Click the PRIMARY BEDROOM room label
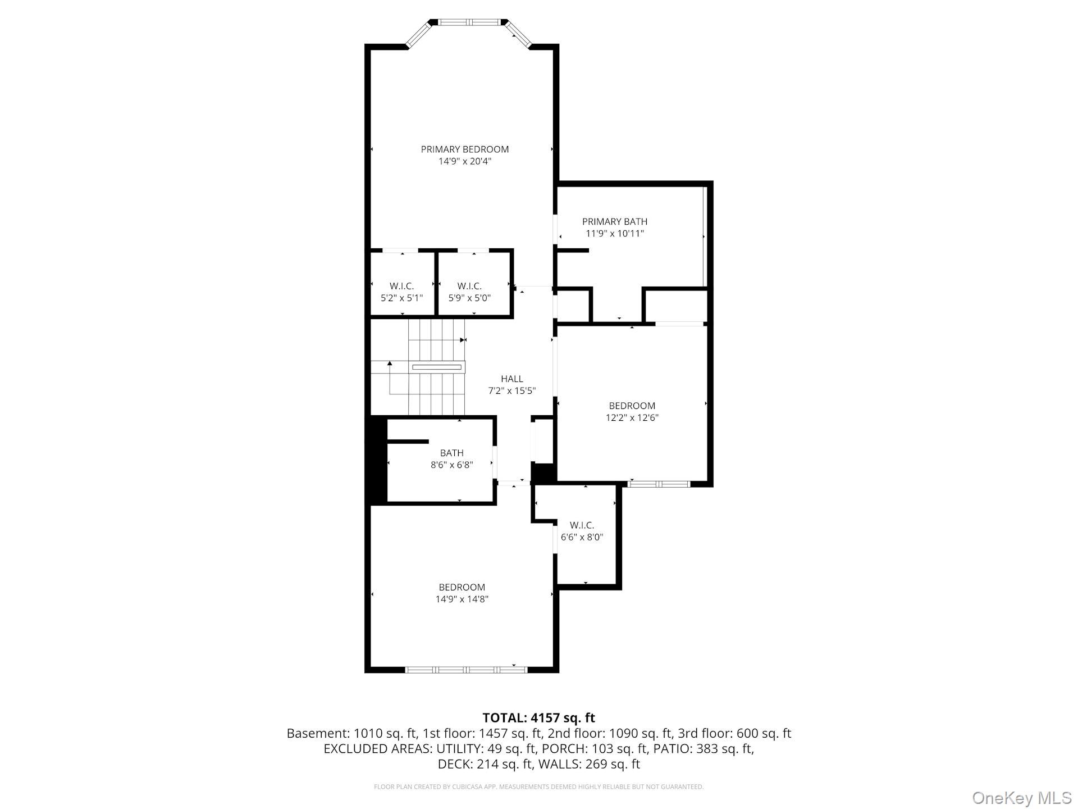(464, 149)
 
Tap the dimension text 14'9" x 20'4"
(464, 161)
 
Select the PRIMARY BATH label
(614, 221)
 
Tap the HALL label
(511, 379)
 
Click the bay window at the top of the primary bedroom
(469, 22)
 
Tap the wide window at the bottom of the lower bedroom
(465, 669)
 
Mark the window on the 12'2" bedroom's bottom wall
(659, 484)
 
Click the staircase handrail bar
(437, 367)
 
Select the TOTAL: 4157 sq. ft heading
(538, 717)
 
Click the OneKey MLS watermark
(1021, 797)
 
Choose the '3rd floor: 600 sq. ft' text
(734, 733)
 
